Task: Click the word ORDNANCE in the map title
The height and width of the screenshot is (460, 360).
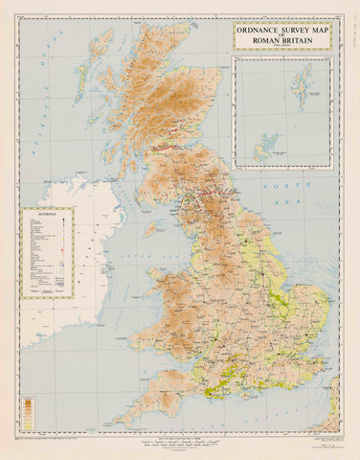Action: coord(259,29)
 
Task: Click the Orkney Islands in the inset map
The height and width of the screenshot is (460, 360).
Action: coord(261,149)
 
